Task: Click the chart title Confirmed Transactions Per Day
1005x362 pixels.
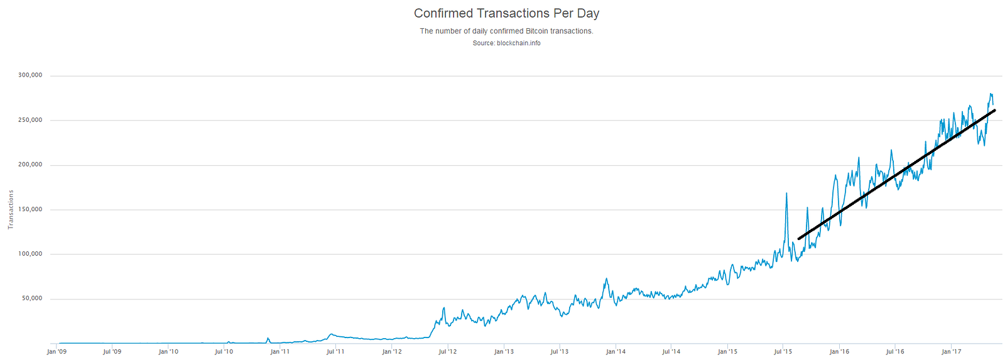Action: [x=506, y=13]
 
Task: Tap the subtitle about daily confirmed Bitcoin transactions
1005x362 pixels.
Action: [x=506, y=31]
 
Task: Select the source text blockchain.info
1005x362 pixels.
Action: [x=506, y=43]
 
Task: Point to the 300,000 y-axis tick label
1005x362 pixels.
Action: [x=30, y=75]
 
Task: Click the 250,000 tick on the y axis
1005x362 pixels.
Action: [x=30, y=120]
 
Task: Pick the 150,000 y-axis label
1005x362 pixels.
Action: [x=30, y=209]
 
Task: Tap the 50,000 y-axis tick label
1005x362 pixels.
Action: [x=32, y=299]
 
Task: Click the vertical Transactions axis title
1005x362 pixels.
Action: [x=11, y=209]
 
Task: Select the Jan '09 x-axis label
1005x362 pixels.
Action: [x=57, y=352]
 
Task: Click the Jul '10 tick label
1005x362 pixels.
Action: [x=224, y=352]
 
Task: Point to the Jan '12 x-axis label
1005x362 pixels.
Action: [x=391, y=352]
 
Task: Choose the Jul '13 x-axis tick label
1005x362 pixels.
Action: [x=559, y=352]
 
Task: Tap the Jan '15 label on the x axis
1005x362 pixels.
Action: [x=727, y=352]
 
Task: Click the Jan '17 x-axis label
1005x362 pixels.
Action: [x=950, y=352]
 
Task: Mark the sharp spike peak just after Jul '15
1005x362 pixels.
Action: [x=786, y=193]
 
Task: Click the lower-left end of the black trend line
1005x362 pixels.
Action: [x=799, y=239]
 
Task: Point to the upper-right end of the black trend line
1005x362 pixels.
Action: [x=994, y=111]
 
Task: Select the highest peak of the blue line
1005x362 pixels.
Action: [x=991, y=94]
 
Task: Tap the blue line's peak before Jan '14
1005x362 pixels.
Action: [x=606, y=278]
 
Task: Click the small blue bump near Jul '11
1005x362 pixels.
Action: [x=331, y=334]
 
